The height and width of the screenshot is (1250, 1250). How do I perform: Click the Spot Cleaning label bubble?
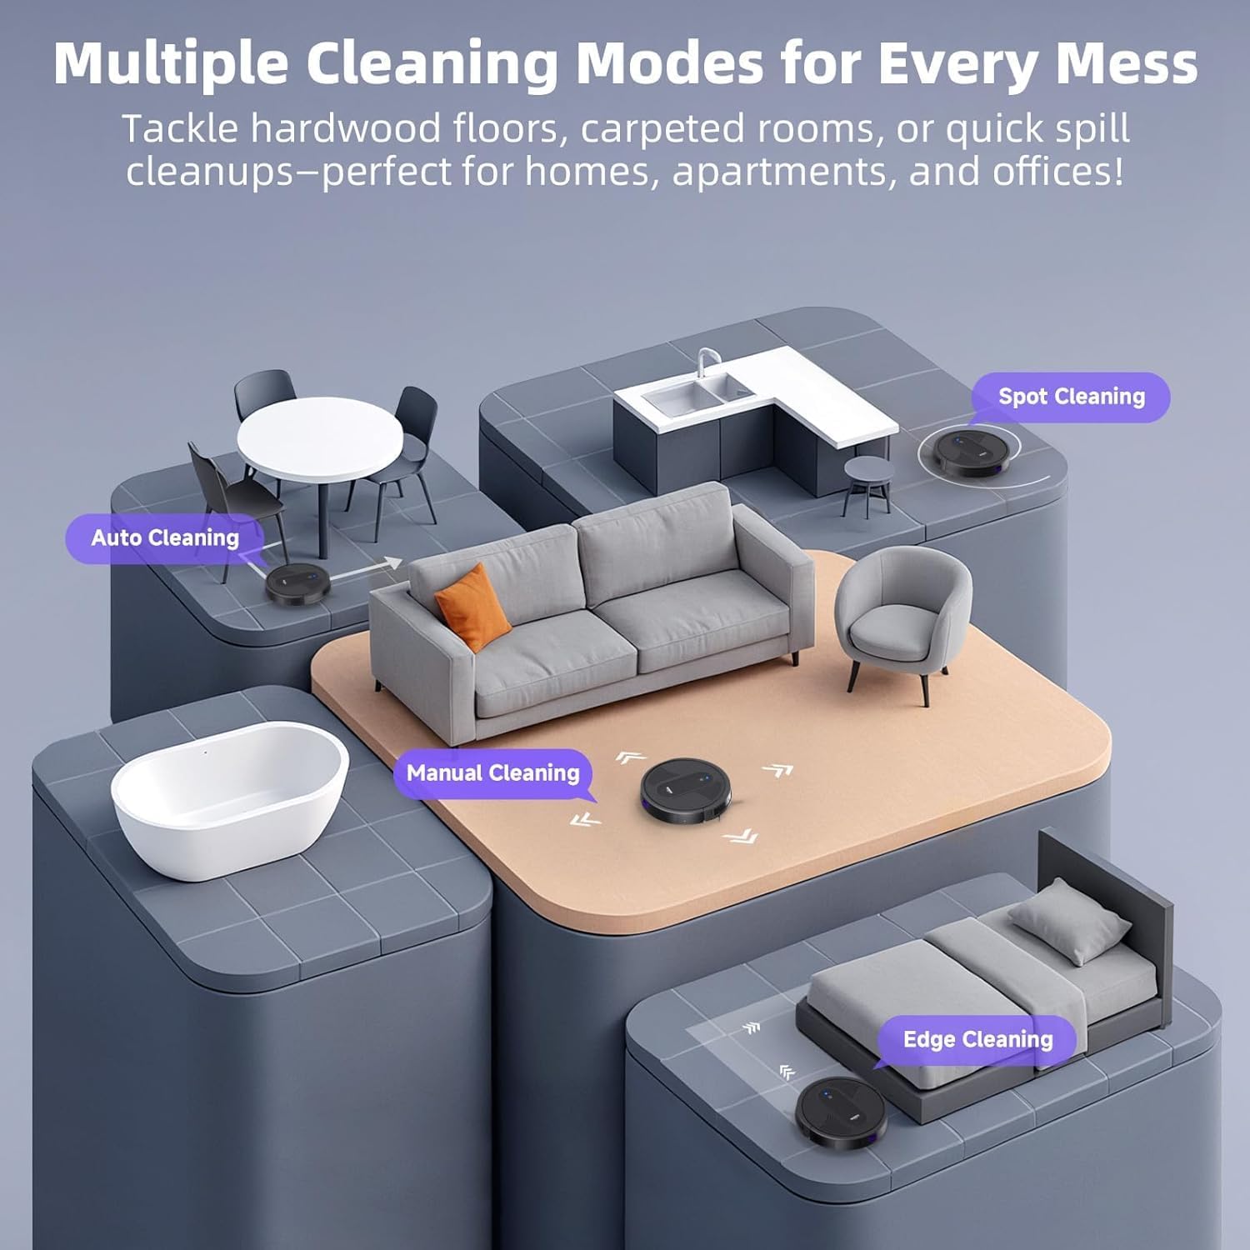pyautogui.click(x=1071, y=397)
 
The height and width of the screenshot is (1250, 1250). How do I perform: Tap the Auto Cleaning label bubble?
pyautogui.click(x=165, y=538)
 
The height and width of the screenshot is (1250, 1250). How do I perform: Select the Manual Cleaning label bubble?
pyautogui.click(x=492, y=773)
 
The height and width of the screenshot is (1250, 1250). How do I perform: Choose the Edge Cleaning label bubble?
pyautogui.click(x=977, y=1040)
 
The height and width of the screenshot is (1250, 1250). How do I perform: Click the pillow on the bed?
pyautogui.click(x=1069, y=930)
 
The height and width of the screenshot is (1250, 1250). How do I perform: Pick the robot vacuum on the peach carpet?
pyautogui.click(x=686, y=791)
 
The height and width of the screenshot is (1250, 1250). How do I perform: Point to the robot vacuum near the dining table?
pyautogui.click(x=297, y=582)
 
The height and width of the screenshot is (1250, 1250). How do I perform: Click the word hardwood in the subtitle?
pyautogui.click(x=347, y=129)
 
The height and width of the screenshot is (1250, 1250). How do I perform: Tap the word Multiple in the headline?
pyautogui.click(x=172, y=63)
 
